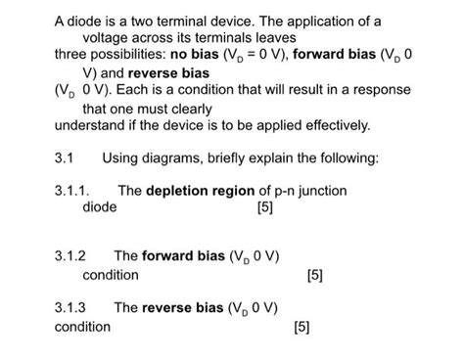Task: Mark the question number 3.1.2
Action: click(71, 257)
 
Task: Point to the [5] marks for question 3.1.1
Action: click(263, 208)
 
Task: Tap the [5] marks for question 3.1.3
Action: click(301, 327)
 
